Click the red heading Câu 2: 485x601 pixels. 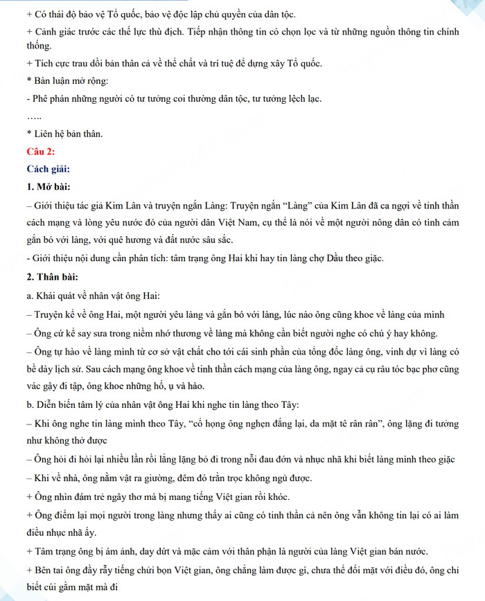tap(41, 151)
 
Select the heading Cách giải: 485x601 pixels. tap(48, 169)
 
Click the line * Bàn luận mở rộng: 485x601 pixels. tap(66, 81)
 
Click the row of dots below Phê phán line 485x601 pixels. tap(34, 116)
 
